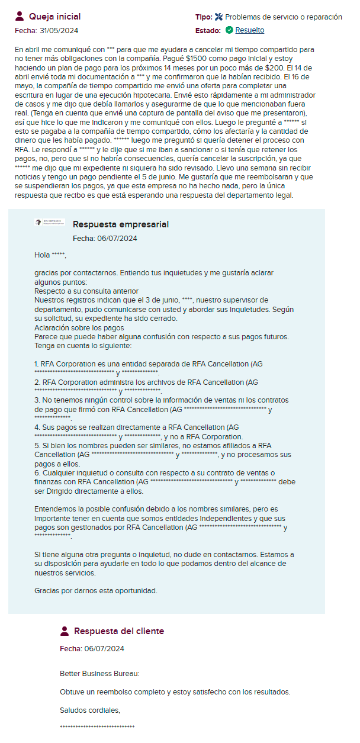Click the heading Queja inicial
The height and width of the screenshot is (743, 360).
(54, 17)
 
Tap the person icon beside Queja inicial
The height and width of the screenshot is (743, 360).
(20, 16)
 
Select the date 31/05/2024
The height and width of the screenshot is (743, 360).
(59, 30)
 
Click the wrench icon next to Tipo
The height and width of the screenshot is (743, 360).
(218, 17)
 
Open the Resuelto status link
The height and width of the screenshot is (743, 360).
(249, 30)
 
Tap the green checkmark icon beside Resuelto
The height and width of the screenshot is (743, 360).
(229, 30)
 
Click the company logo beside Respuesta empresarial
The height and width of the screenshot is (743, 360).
(50, 223)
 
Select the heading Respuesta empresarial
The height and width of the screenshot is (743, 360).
(121, 224)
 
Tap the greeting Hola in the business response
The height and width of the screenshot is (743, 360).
(42, 255)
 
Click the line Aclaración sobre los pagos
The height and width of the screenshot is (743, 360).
(79, 327)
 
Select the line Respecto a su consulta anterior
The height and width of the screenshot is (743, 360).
(86, 291)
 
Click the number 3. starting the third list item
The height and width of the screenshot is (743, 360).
(37, 400)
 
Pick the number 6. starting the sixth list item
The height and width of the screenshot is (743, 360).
(37, 472)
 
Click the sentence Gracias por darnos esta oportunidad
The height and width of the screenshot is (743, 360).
(96, 591)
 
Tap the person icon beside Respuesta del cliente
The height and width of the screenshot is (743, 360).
(65, 631)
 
